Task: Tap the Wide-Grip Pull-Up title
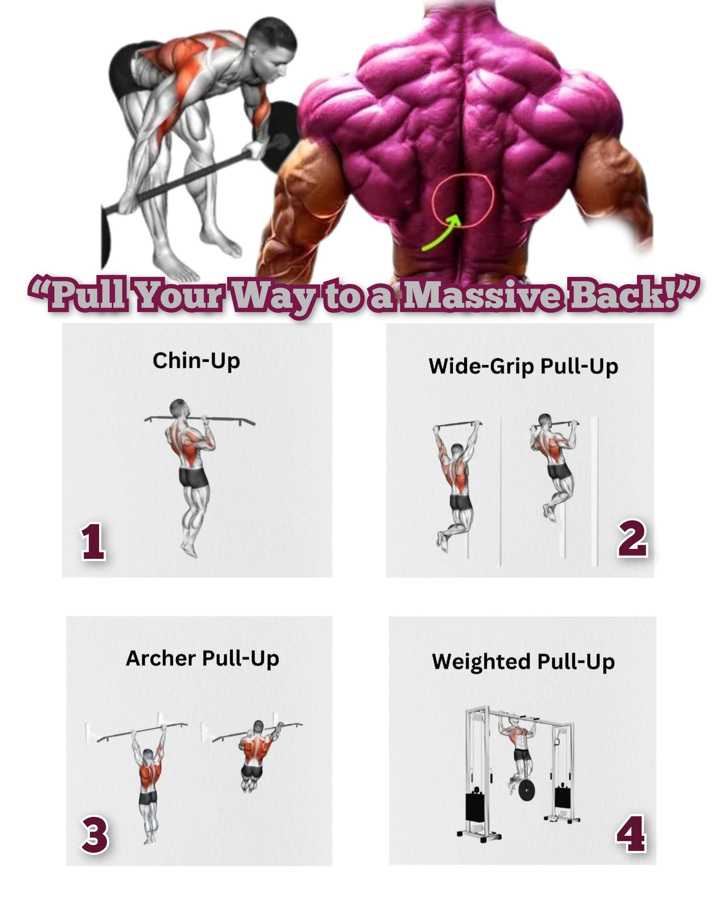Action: (x=523, y=366)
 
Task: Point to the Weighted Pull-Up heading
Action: (x=523, y=662)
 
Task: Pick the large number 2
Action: (x=632, y=537)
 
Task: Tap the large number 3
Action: (x=94, y=834)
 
